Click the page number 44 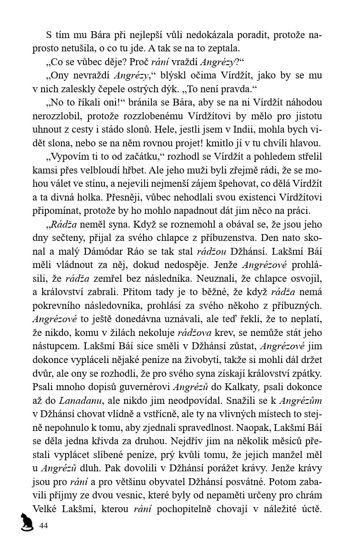click(44, 525)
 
